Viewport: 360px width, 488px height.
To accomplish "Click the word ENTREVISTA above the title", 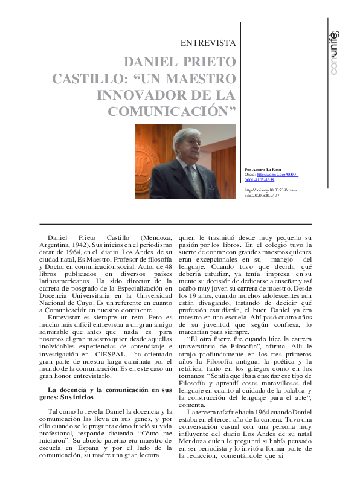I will pyautogui.click(x=208, y=43).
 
